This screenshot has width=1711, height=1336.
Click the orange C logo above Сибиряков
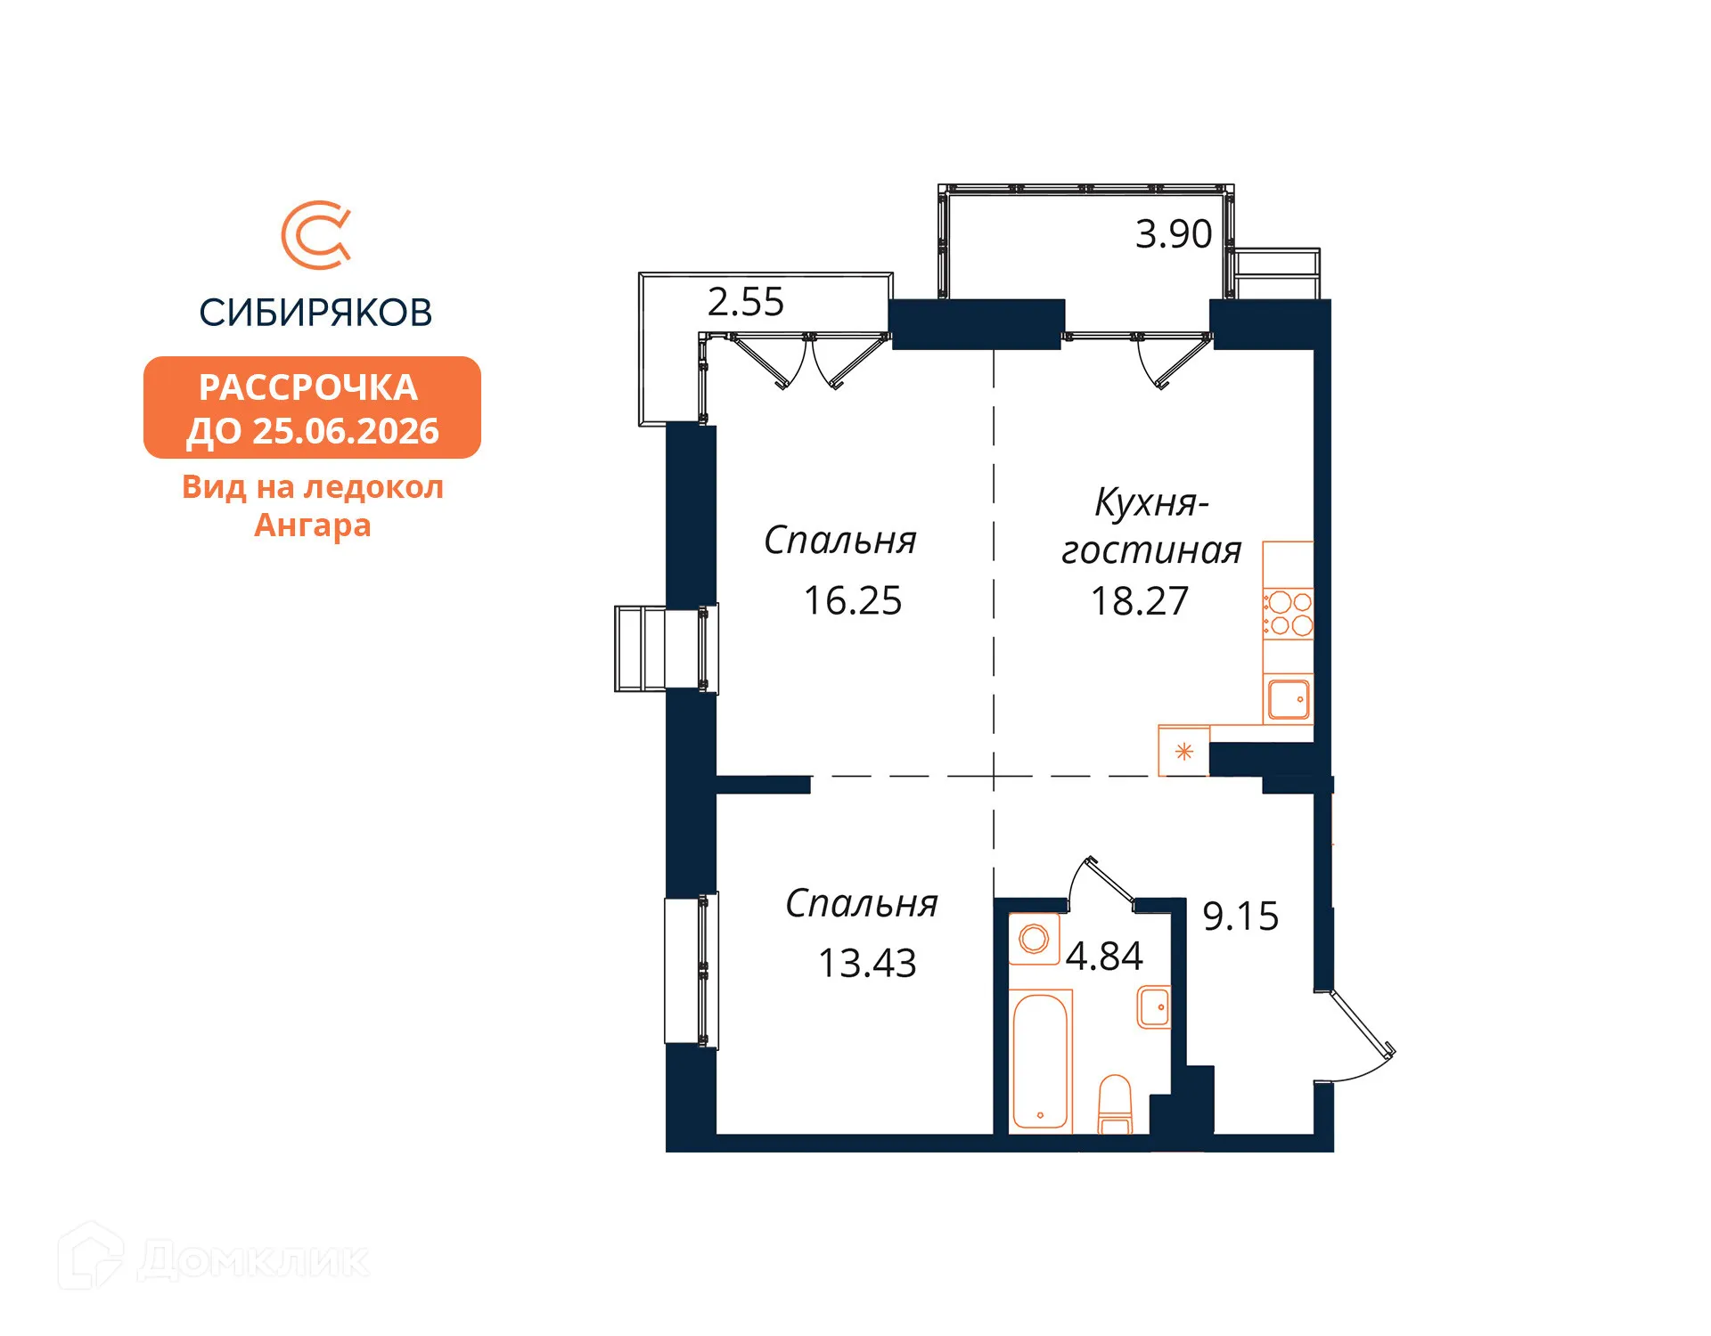[x=316, y=235]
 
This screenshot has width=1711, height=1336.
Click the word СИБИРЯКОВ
[x=315, y=313]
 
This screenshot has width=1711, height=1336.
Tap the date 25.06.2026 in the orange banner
[x=346, y=431]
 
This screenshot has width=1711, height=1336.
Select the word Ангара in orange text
[x=312, y=525]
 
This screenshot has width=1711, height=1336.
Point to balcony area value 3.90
[x=1173, y=234]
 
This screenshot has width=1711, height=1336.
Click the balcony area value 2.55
[x=745, y=302]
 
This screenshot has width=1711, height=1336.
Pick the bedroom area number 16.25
[x=852, y=601]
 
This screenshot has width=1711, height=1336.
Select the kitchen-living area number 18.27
[x=1139, y=601]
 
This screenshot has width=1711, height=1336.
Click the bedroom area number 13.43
[x=866, y=964]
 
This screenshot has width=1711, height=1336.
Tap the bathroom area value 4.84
[x=1103, y=957]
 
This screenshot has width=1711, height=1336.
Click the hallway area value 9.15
[x=1240, y=916]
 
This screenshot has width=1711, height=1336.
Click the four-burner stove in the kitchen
[x=1289, y=614]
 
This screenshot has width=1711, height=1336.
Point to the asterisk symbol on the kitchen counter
[x=1183, y=752]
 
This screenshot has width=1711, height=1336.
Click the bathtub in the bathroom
[x=1040, y=1062]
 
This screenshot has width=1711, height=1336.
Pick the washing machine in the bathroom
[x=1034, y=939]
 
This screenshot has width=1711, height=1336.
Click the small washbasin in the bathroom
[x=1154, y=1006]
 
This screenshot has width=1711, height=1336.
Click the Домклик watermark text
[x=253, y=1259]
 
